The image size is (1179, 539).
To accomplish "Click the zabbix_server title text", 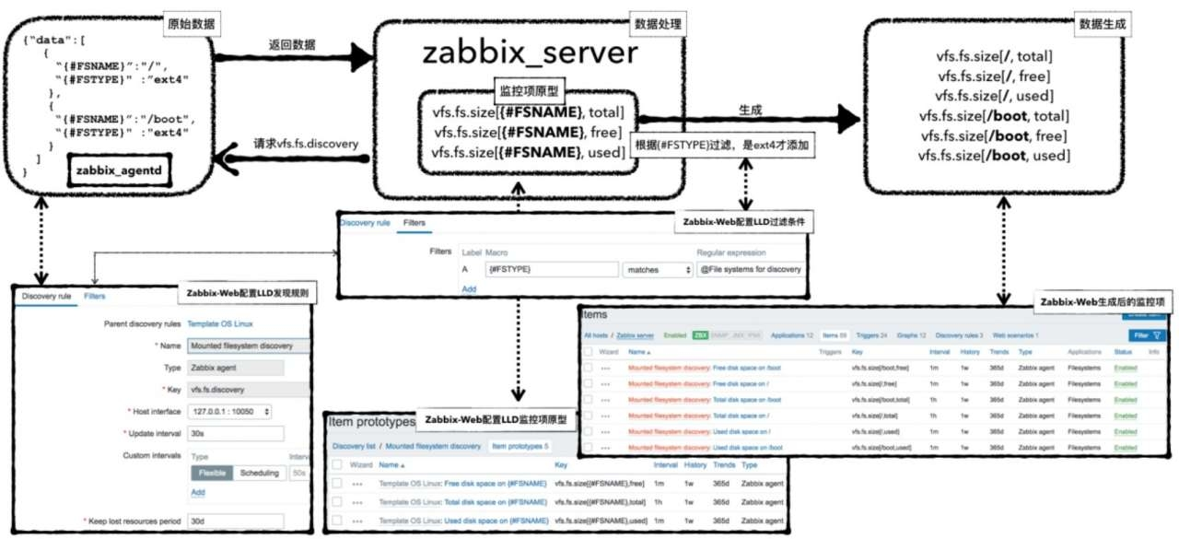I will [x=530, y=53].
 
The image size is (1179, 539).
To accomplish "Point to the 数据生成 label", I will [x=1102, y=22].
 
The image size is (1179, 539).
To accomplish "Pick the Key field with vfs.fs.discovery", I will [x=235, y=389].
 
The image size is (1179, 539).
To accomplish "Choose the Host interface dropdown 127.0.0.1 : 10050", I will [x=229, y=411].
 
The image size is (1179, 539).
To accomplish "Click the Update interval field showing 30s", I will [x=235, y=433].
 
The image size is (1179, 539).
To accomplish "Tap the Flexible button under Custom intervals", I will [x=212, y=473].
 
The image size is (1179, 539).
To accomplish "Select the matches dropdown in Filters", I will [x=658, y=270].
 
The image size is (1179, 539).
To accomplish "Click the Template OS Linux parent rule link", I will [x=219, y=324].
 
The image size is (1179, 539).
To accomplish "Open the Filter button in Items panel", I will [x=1147, y=335].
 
